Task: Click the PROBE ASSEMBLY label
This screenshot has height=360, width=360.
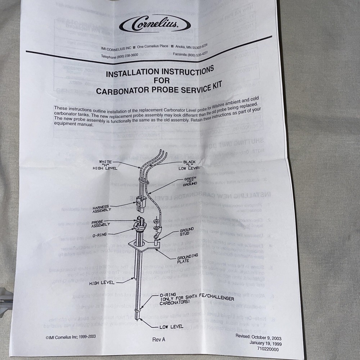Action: pos(101,223)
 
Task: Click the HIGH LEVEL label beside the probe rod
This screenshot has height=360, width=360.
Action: pos(102,283)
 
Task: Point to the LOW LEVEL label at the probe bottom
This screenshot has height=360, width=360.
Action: pos(172,327)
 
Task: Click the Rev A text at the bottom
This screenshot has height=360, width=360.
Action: pos(159,339)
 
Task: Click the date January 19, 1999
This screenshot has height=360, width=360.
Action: pos(265,343)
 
